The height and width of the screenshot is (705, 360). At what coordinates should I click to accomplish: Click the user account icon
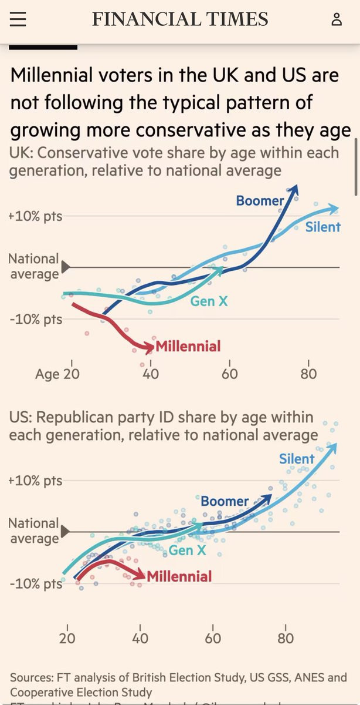point(337,19)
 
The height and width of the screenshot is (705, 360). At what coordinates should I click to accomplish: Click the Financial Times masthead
point(180,19)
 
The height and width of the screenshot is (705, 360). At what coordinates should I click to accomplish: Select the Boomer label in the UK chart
point(260,201)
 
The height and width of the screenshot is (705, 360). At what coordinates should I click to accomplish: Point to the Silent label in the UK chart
point(322,227)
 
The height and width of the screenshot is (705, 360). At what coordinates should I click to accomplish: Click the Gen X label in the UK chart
point(209,302)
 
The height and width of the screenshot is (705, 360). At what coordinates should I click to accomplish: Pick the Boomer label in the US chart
point(225,501)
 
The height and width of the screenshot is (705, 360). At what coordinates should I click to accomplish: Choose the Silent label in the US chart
point(297,459)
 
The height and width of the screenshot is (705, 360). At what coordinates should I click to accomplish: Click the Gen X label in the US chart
point(188,550)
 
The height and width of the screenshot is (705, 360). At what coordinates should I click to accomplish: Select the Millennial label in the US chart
point(179,576)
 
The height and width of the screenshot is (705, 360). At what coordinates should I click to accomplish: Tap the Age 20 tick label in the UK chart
point(57,374)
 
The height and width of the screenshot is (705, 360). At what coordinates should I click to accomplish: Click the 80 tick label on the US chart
point(286,639)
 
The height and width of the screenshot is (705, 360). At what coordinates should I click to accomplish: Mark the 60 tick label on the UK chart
point(230,374)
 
